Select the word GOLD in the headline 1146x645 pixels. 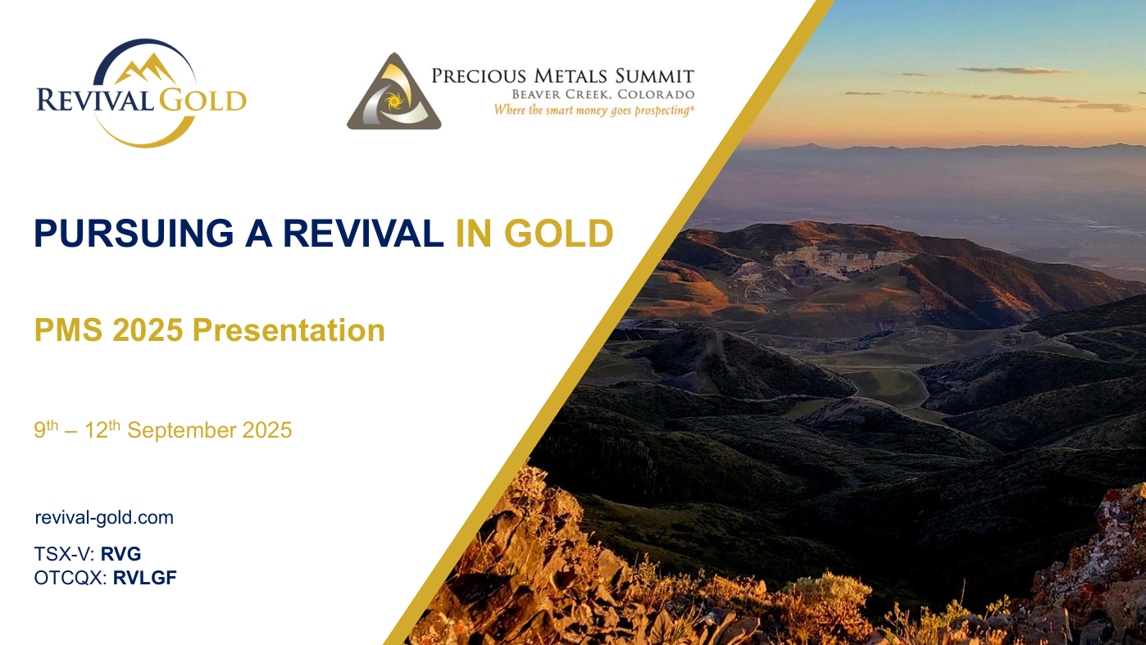559,234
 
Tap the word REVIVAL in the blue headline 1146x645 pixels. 363,234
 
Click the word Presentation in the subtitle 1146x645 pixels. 289,330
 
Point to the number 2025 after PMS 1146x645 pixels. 148,330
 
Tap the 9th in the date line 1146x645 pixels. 46,429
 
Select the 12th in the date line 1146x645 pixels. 102,429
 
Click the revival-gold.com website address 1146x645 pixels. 104,518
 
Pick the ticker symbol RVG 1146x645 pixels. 121,554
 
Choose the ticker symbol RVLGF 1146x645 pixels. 145,578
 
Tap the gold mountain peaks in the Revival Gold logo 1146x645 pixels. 145,69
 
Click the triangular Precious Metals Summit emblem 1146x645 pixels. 394,93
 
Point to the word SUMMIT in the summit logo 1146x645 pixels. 654,76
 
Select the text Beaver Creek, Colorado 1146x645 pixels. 603,94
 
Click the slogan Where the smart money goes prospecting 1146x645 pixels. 594,111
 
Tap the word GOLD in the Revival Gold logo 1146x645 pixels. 202,100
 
